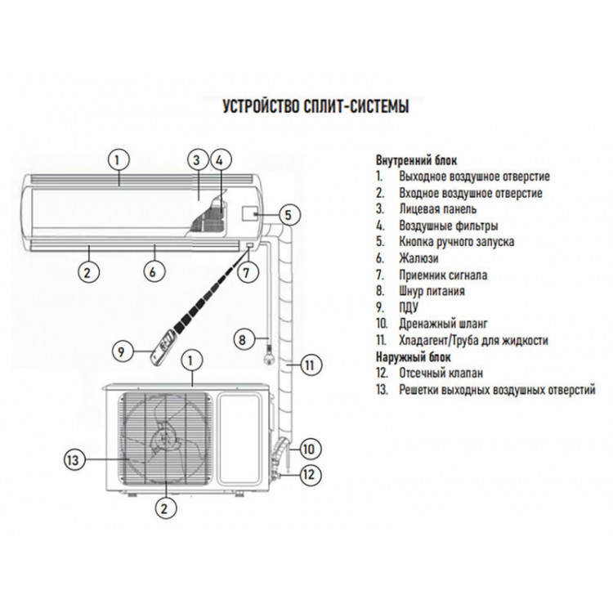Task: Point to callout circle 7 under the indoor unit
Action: point(244,272)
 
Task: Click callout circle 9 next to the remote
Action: point(121,352)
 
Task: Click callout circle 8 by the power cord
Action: point(242,338)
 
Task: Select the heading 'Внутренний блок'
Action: point(417,159)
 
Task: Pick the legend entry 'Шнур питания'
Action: point(432,291)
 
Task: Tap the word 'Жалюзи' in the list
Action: point(417,258)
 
